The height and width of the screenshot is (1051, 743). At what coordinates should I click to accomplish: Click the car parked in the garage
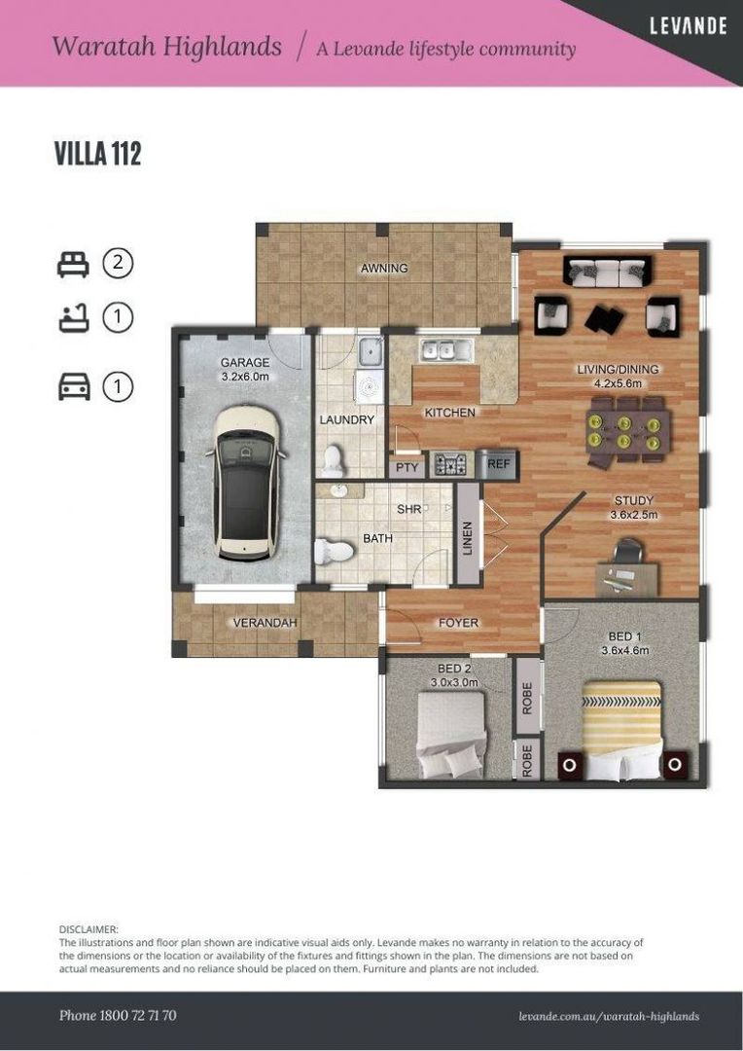246,483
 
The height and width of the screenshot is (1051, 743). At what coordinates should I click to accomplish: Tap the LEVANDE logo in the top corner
688,26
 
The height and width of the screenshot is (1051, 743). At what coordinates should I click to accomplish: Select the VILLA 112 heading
97,154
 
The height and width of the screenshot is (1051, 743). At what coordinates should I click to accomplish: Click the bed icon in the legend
73,264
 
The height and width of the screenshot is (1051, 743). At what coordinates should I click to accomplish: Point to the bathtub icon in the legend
73,317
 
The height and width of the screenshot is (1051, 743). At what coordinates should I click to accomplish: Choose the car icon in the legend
74,387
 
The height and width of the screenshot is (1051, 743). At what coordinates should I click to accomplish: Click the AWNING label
384,269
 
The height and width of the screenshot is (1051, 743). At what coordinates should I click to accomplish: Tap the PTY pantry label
407,467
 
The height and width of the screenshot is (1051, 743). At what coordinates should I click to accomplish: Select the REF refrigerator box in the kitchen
499,465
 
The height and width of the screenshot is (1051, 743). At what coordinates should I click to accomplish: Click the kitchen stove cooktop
450,465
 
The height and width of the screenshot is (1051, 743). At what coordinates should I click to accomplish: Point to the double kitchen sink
445,349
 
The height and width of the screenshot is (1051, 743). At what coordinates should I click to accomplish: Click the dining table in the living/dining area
629,429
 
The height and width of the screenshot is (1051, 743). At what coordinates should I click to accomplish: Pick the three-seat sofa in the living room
608,272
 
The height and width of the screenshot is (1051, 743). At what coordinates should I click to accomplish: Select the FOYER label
458,623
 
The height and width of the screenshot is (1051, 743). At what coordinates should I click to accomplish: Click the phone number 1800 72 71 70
118,1015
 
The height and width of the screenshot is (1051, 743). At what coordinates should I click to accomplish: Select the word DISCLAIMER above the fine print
88,930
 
